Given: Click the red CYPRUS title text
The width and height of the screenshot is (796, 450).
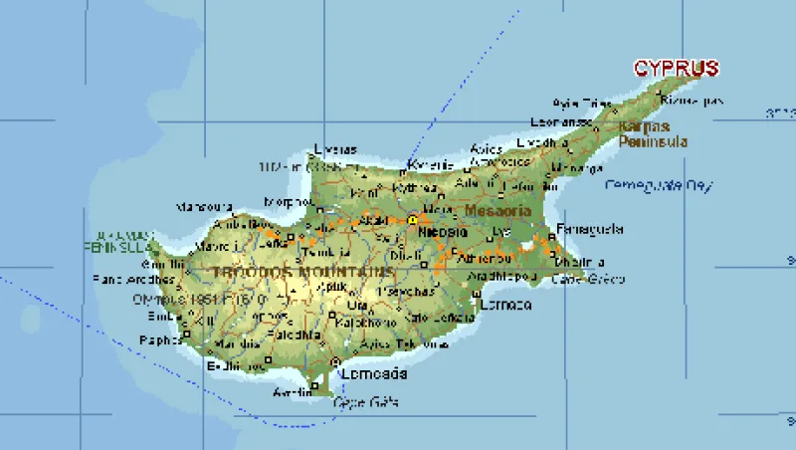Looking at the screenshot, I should point(677,69).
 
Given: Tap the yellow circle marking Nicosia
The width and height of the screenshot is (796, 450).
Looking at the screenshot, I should point(412,219).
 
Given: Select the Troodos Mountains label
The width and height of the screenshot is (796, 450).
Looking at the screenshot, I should point(302,272).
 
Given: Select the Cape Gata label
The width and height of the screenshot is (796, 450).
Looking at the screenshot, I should point(365,401).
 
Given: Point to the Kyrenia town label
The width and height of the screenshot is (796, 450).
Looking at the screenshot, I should point(431,164).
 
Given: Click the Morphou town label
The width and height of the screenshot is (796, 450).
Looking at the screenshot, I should point(289,202).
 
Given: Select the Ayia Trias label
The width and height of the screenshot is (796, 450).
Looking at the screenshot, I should point(582,103).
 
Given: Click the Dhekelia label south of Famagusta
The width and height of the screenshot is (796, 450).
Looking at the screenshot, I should point(580,262).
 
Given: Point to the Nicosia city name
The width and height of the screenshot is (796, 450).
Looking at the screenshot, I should point(443,232).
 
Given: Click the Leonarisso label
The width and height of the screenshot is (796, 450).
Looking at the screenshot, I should point(555,121).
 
